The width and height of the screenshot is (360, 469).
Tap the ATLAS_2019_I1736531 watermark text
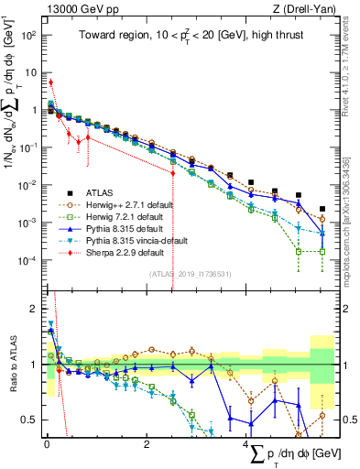click(188, 273)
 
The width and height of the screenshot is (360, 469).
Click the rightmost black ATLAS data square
click(322, 209)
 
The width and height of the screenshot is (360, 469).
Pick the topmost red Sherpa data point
click(50, 82)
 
